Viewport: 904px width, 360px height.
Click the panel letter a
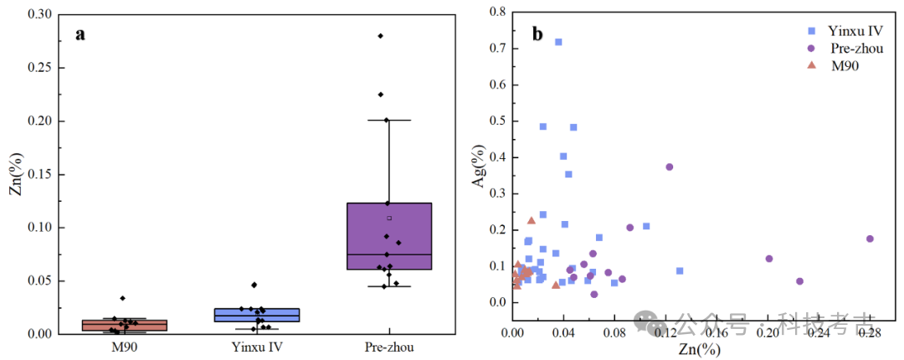pos(80,35)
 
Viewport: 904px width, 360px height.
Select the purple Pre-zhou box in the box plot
pos(389,236)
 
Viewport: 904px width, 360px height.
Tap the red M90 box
pos(124,325)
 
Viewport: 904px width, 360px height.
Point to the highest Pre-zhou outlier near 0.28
pos(380,36)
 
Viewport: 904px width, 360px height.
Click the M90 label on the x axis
pos(124,347)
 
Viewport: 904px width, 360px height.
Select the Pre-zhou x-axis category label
pos(389,347)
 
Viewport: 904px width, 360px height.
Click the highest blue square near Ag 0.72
pos(558,42)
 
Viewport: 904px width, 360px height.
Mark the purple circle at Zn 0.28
pos(870,239)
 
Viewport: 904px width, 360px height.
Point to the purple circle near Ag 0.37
pos(670,167)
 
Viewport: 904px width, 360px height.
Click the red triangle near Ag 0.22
pos(532,220)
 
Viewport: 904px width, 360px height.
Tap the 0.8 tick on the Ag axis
pos(497,13)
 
